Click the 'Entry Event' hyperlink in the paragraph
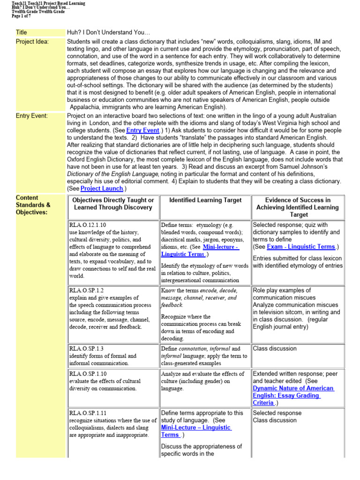click(x=143, y=130)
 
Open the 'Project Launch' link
click(x=99, y=188)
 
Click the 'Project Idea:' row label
click(x=32, y=42)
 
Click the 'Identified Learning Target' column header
click(x=205, y=200)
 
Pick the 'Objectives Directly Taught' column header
click(x=113, y=203)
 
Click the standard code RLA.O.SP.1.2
click(x=86, y=290)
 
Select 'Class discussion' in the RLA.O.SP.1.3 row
click(x=275, y=348)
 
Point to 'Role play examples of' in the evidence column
click(x=282, y=290)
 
